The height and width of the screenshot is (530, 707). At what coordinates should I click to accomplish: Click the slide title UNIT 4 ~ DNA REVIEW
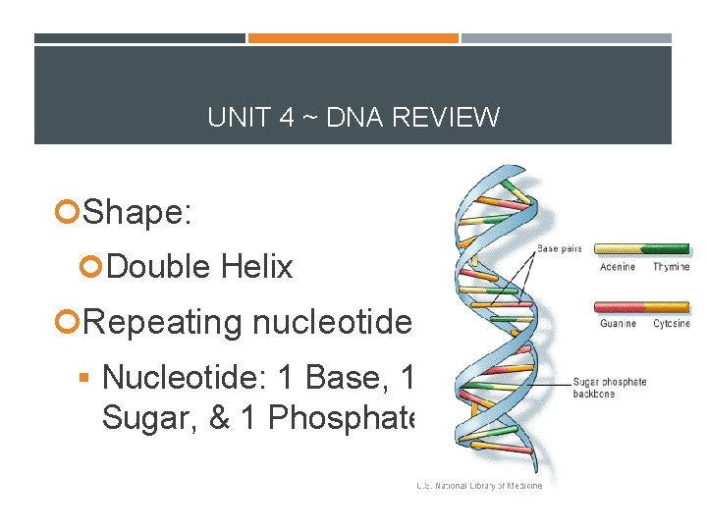coord(353,118)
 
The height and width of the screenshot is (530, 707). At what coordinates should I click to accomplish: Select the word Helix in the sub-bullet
coord(257,266)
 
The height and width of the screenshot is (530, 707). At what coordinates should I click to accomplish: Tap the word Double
coord(160,266)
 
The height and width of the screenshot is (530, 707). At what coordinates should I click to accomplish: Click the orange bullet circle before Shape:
coord(69,211)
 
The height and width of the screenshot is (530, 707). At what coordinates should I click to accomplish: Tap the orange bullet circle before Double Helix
coord(93,267)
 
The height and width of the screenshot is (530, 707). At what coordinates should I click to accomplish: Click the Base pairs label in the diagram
coord(561,249)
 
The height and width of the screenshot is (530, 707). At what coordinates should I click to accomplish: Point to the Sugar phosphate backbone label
coord(609,388)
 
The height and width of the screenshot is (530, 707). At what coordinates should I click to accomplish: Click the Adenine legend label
coord(617,267)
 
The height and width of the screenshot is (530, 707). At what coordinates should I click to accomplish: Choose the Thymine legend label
coord(672,267)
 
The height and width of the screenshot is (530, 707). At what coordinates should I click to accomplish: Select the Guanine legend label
coord(618,324)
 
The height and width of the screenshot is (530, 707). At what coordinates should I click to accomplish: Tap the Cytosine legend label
coord(672,324)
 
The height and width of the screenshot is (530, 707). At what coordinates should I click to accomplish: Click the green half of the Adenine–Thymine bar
coord(670,249)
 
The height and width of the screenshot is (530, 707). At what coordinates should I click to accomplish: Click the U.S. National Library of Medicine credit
coord(478,485)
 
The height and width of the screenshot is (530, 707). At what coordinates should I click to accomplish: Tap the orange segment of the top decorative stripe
coord(353,38)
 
